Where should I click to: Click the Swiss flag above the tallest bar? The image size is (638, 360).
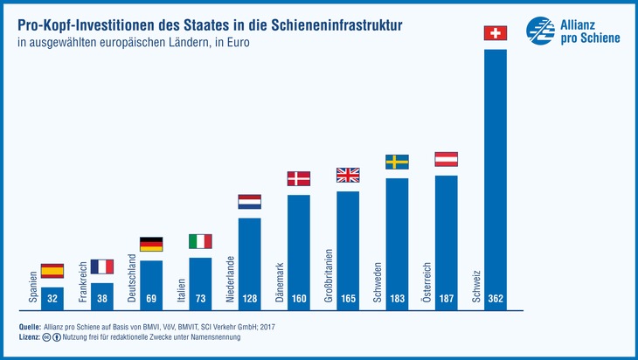[496, 33]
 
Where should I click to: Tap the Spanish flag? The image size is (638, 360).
[52, 271]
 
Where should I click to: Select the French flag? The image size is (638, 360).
[101, 267]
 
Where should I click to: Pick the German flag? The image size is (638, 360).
[151, 245]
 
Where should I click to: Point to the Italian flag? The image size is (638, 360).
[200, 241]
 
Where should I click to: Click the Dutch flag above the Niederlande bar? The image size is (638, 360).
[249, 202]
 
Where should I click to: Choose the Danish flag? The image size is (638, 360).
[299, 178]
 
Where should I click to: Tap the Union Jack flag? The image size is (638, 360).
[348, 175]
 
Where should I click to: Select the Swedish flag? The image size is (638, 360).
[398, 162]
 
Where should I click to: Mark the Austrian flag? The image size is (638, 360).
[447, 159]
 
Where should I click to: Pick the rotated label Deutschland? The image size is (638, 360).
[131, 280]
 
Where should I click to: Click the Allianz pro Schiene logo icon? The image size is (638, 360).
[540, 31]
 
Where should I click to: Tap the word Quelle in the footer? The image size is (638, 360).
[29, 325]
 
